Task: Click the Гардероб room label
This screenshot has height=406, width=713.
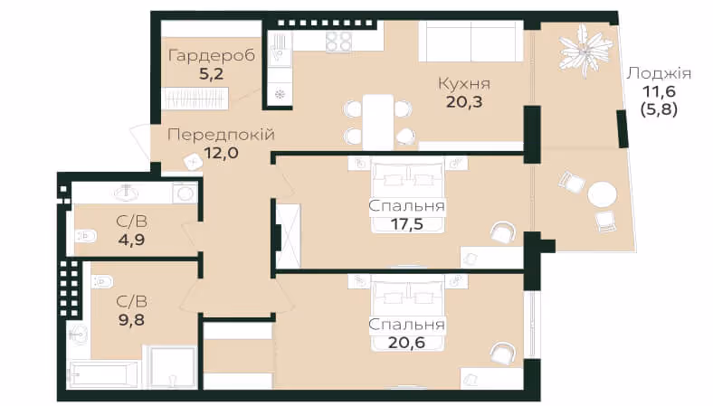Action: (x=212, y=56)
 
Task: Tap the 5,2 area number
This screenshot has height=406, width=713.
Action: (x=212, y=73)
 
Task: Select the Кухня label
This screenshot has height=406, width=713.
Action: (x=464, y=84)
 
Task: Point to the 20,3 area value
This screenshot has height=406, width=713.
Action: (x=464, y=102)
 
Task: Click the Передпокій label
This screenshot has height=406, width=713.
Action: (x=221, y=135)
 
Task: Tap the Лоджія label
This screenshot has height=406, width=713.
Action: (x=659, y=73)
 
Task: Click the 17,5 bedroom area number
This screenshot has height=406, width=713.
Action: (x=406, y=224)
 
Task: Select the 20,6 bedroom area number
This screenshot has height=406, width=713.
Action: (x=406, y=343)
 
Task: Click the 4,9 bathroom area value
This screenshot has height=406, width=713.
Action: (x=131, y=240)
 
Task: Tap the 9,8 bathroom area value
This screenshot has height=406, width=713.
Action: (x=131, y=319)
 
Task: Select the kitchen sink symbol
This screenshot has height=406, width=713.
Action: (x=280, y=50)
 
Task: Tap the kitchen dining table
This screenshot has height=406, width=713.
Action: (x=378, y=123)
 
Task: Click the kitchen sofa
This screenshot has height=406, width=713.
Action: (x=471, y=42)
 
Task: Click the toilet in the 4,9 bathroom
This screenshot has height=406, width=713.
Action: (x=86, y=236)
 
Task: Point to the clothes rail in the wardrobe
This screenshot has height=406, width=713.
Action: (x=195, y=99)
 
